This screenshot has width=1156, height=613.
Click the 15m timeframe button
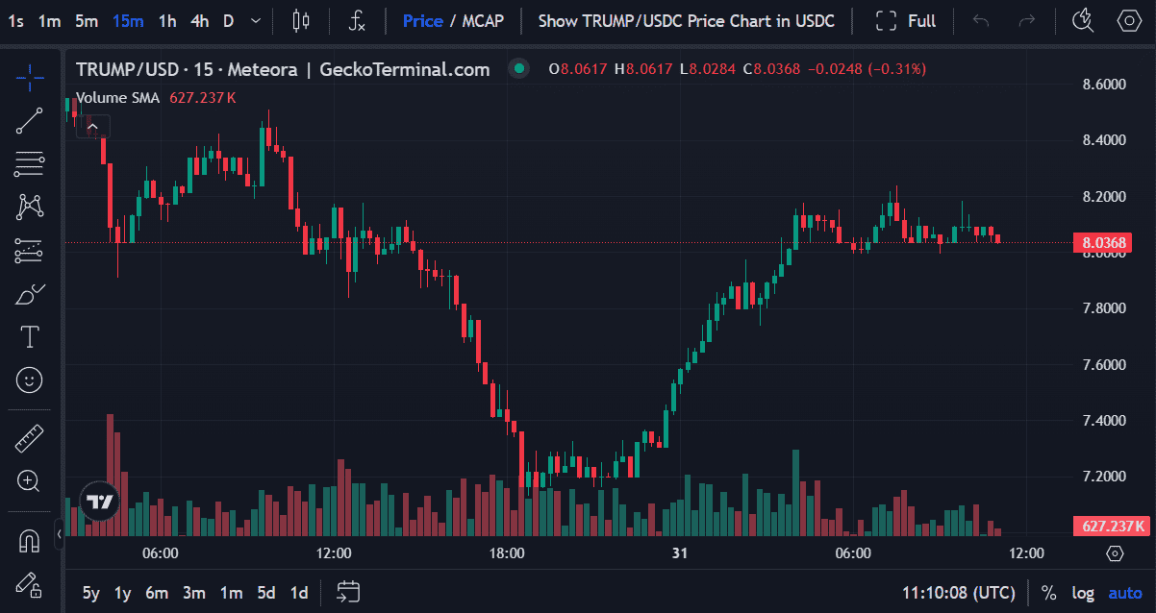[x=128, y=20]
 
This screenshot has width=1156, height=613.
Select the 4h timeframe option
[x=199, y=20]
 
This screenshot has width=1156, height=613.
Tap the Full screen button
[x=906, y=20]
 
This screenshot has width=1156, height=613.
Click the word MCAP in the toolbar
[x=483, y=20]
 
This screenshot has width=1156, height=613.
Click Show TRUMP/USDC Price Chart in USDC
[x=686, y=20]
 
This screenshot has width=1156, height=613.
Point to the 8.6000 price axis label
[x=1103, y=85]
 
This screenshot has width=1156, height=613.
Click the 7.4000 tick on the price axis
[x=1103, y=421]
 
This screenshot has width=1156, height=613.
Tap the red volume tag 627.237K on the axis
[x=1113, y=526]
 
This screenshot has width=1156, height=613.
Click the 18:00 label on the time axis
[x=507, y=553]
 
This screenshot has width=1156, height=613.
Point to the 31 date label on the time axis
[x=680, y=553]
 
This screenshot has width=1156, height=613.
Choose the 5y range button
[x=90, y=593]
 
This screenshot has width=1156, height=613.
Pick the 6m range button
[x=157, y=593]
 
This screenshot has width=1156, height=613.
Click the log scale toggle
[x=1083, y=593]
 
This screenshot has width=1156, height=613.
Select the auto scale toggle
[x=1125, y=593]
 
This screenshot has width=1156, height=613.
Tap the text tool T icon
[x=30, y=336]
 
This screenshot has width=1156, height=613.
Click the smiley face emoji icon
[x=30, y=380]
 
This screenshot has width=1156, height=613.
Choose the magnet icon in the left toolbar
[x=30, y=541]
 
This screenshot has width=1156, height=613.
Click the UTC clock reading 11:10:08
[x=958, y=593]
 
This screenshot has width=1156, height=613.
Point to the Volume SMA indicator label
[x=117, y=98]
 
